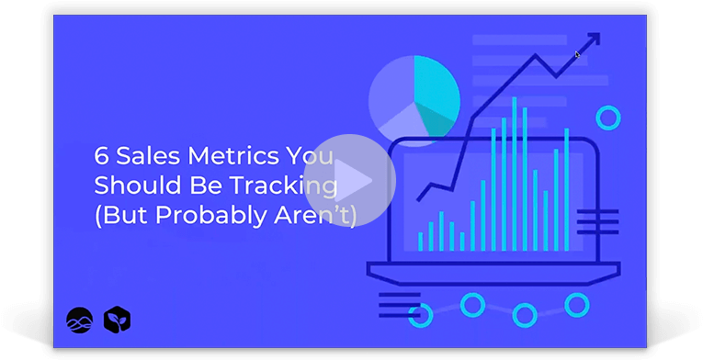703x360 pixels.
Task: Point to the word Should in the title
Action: click(x=130, y=185)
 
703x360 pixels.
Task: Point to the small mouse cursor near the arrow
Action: click(x=577, y=54)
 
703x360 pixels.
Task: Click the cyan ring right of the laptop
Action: click(x=607, y=118)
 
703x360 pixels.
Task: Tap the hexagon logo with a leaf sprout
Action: click(x=117, y=320)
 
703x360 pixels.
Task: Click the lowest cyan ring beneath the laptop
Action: click(x=526, y=315)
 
